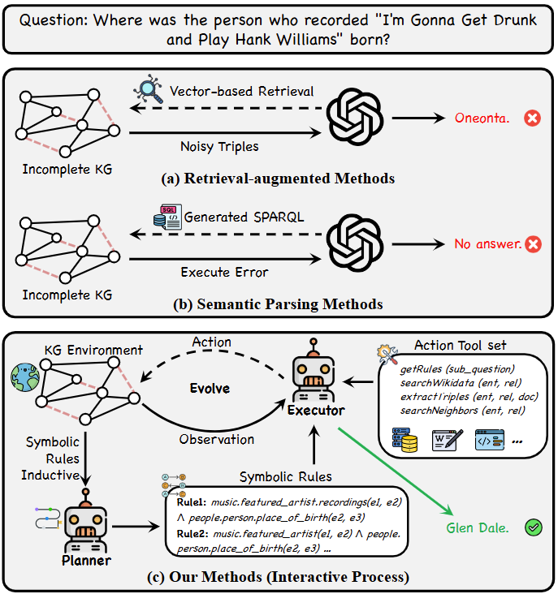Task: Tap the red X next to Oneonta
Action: click(x=532, y=118)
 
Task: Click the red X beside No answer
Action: click(x=532, y=243)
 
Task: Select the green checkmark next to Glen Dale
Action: click(x=533, y=528)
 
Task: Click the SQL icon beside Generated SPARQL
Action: click(x=169, y=217)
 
